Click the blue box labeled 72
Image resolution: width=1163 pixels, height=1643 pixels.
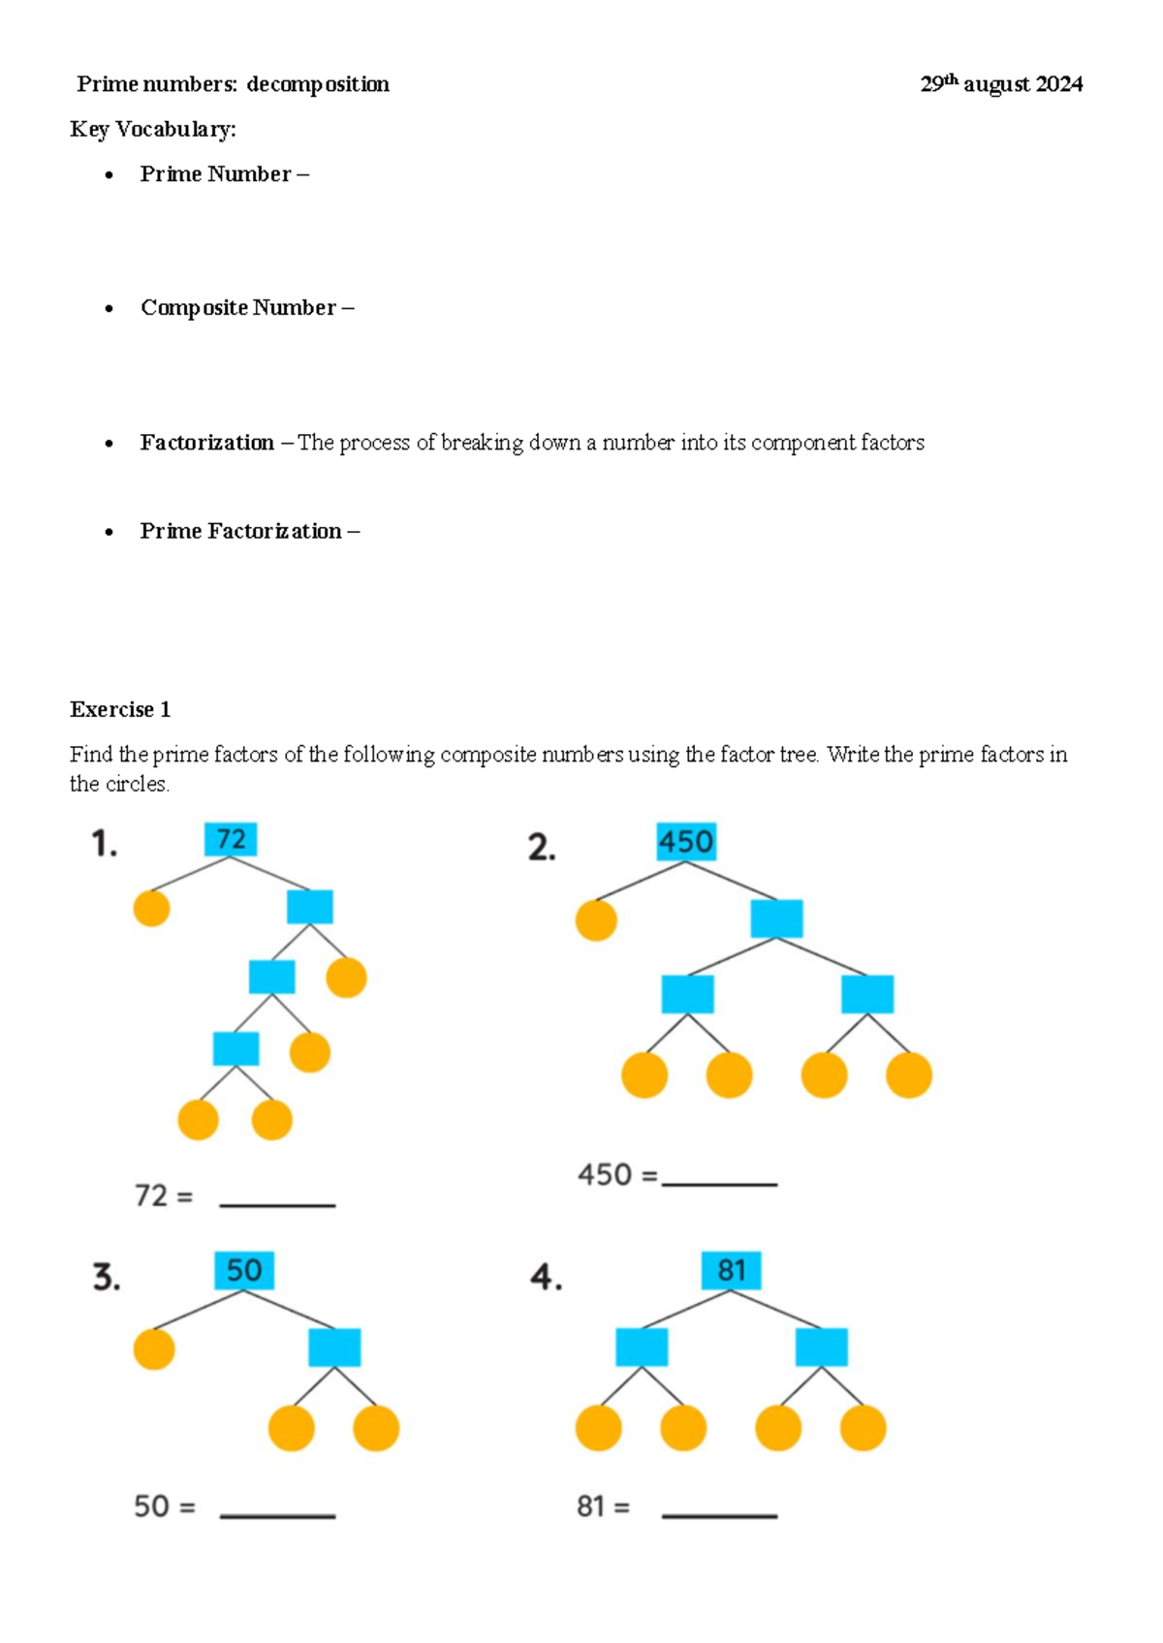[x=231, y=839]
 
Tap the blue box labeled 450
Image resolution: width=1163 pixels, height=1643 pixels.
[x=686, y=841]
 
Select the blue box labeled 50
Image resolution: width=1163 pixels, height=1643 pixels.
[x=244, y=1270]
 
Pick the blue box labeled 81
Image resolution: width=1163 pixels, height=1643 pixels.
[x=731, y=1270]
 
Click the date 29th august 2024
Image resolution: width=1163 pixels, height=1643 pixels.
[x=1001, y=84]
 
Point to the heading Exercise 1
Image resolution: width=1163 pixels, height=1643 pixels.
[x=120, y=709]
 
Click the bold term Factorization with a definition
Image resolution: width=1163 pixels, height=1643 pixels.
[x=206, y=443]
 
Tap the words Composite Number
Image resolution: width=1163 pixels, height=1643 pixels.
[x=238, y=308]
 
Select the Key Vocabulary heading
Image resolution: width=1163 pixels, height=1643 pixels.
[x=153, y=129]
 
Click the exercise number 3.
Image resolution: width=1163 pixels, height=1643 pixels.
[x=107, y=1278]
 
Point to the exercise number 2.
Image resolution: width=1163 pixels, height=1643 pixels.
[x=542, y=848]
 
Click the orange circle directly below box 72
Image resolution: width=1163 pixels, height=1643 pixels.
[x=151, y=908]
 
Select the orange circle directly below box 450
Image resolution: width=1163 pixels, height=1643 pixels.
[x=596, y=920]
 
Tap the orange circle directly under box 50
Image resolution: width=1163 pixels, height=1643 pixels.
[x=154, y=1348]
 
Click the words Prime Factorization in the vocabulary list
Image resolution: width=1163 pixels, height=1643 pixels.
[x=240, y=531]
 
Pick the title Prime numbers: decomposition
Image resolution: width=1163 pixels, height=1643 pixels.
[x=233, y=84]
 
